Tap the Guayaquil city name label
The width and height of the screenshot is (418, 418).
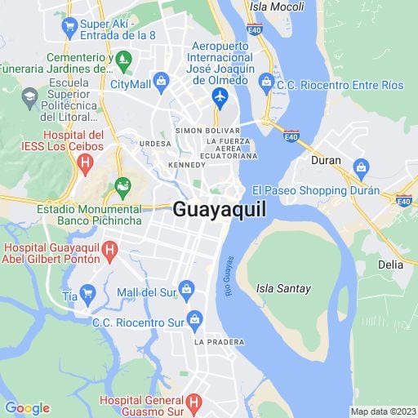point(220,209)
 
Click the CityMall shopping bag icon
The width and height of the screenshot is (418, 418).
point(162,80)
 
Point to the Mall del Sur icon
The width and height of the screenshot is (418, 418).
point(187,287)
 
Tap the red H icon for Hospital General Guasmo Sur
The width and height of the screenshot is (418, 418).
point(193,402)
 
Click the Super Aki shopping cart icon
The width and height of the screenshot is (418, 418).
point(69,24)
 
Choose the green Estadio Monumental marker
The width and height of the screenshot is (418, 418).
point(122,186)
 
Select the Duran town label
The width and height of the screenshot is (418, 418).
point(326,161)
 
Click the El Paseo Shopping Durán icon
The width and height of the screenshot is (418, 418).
point(359,170)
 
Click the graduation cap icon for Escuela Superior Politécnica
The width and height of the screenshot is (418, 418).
point(30,96)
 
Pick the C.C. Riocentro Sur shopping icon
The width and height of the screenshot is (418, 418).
point(194,318)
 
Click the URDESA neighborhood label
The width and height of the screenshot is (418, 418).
point(155,144)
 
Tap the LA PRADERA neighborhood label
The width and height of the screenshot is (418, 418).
point(215,342)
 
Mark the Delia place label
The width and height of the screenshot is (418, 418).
point(391,265)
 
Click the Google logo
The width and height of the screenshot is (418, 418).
point(27,408)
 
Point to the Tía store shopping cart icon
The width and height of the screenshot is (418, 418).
point(87,291)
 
